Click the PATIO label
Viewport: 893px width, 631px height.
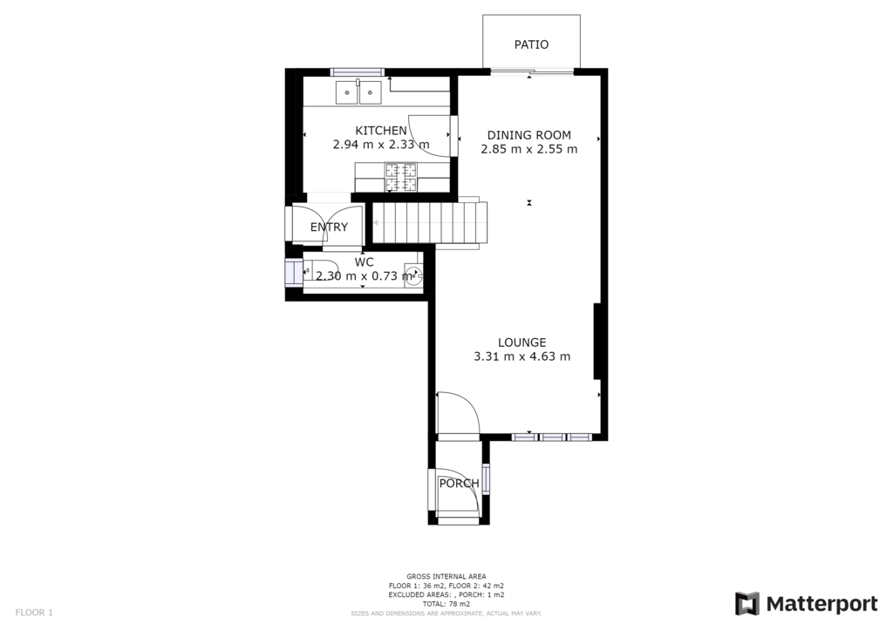[531, 44]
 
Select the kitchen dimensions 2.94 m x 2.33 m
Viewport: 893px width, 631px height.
[381, 146]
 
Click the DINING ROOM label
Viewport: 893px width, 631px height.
[528, 135]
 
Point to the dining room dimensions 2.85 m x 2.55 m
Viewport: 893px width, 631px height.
[528, 149]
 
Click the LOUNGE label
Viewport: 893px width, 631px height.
[521, 343]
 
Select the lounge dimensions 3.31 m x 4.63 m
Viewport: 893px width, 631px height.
[521, 356]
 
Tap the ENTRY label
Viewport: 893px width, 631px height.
[329, 227]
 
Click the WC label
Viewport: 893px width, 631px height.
[364, 261]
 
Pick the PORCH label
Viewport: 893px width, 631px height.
[459, 484]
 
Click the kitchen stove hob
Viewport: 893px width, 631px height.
[402, 177]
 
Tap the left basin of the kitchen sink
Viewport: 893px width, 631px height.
[347, 92]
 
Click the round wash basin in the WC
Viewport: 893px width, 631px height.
[417, 275]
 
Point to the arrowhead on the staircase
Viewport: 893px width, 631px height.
[376, 224]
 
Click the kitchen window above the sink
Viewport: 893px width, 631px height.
[358, 71]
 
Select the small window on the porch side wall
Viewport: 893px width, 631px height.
[487, 478]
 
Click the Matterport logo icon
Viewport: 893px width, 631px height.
[747, 604]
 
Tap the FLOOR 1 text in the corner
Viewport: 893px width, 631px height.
[34, 613]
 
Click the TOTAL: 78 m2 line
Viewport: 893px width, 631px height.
[446, 604]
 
